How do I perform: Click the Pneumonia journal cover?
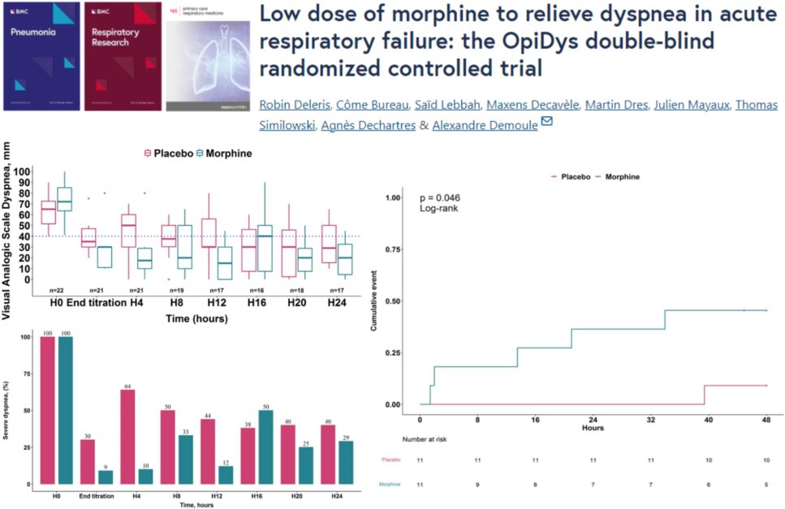coord(41,56)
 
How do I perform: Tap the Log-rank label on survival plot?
coord(440,209)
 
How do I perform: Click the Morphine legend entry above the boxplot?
coord(224,153)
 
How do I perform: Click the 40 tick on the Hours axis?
coord(709,420)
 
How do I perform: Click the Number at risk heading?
coord(403,439)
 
